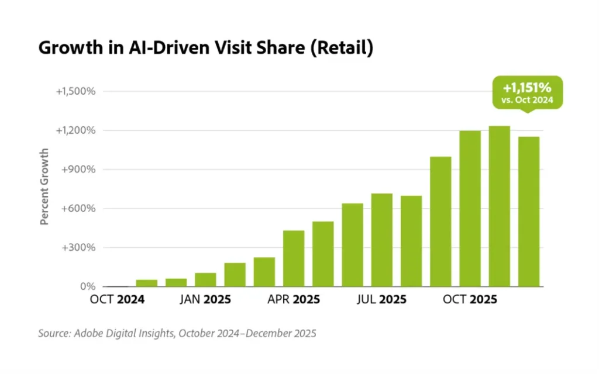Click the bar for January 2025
(205, 280)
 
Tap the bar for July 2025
(381, 240)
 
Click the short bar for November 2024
(147, 283)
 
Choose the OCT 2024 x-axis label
(118, 300)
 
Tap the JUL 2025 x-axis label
(381, 300)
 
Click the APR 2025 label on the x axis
(294, 300)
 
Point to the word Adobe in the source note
(89, 334)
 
